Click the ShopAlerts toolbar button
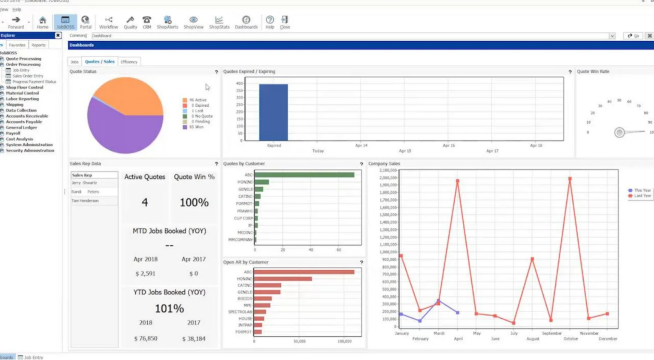pos(167,22)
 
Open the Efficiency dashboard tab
pos(129,62)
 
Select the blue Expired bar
pos(273,112)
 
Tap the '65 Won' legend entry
pos(195,127)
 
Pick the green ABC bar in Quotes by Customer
pos(304,175)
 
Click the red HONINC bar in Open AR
pos(283,279)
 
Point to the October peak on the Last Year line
pos(570,179)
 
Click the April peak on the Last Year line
pos(458,181)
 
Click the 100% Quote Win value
pos(194,203)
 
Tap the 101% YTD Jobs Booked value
pos(169,309)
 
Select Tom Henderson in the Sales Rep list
pos(85,201)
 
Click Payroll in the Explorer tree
pos(13,133)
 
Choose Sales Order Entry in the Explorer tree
pos(28,76)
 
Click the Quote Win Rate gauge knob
pos(620,132)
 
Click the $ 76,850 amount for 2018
pos(146,339)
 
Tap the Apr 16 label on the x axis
pos(449,146)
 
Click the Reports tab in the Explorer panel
pos(38,45)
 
